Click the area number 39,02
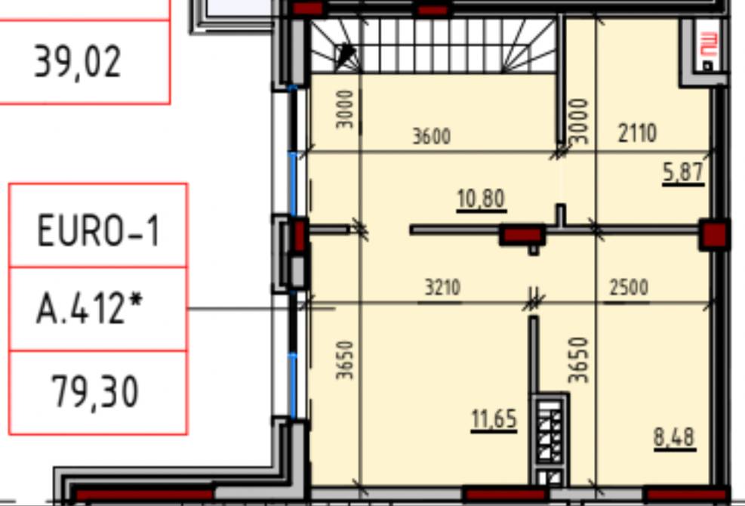click(78, 62)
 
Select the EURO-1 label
click(98, 230)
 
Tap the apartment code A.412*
click(90, 308)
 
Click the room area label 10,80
click(481, 199)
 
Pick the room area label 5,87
click(683, 172)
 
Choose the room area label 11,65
click(494, 419)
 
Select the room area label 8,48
click(674, 437)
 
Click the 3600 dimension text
click(432, 137)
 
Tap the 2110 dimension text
click(637, 133)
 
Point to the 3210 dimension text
click(442, 288)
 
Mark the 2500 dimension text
click(629, 287)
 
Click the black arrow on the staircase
click(345, 56)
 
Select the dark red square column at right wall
click(713, 234)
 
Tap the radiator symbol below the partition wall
click(550, 437)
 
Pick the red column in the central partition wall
click(522, 235)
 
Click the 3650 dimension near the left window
click(345, 360)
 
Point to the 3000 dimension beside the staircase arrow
click(345, 110)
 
